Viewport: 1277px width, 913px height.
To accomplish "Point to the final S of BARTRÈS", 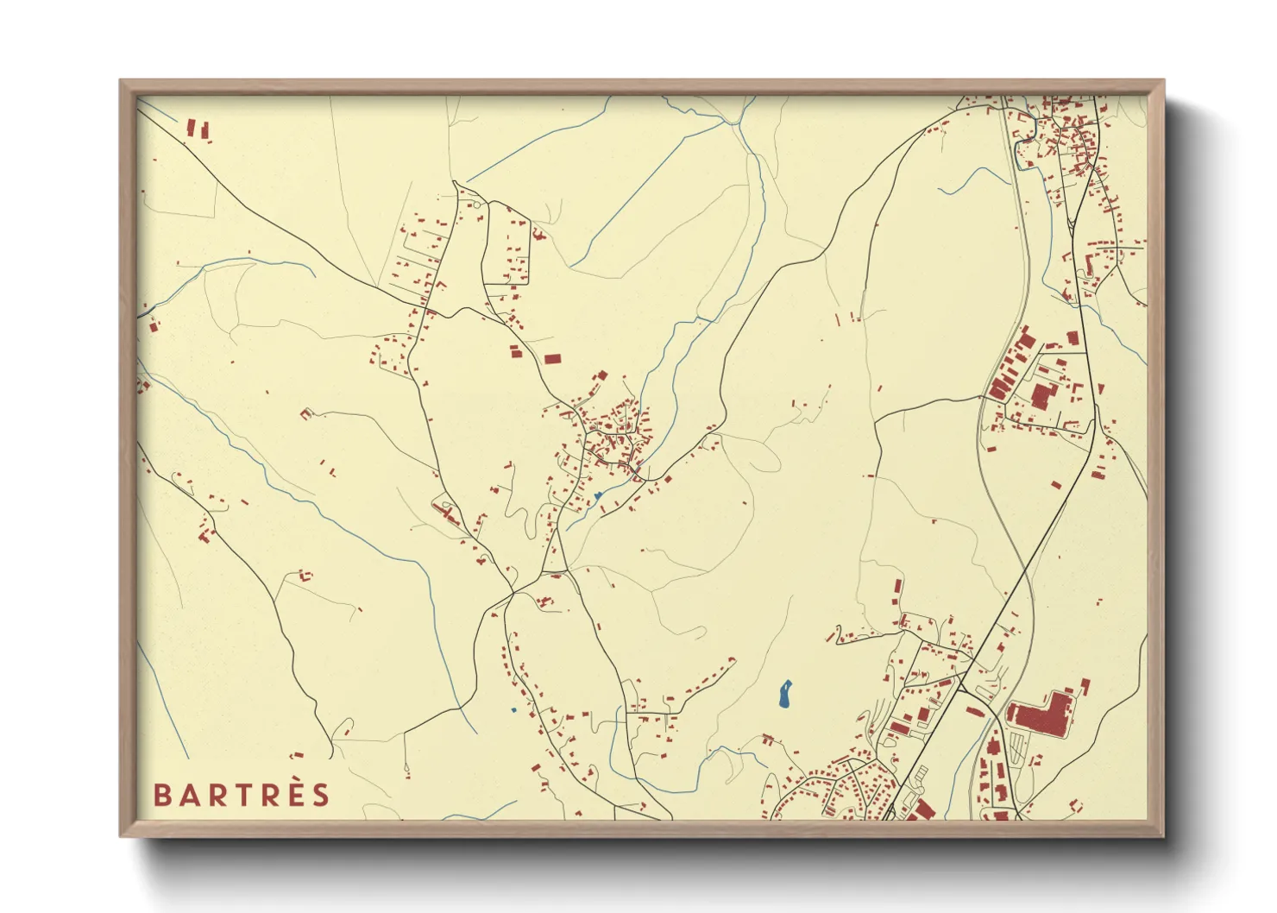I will point(321,795).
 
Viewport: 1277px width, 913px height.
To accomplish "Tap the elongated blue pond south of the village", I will point(785,694).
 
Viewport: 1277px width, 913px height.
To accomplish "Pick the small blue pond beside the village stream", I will point(597,496).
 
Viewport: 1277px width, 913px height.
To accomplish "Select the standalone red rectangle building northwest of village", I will point(552,358).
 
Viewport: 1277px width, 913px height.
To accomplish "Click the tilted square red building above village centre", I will point(602,376).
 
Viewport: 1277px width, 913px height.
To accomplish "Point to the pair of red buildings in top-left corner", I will point(198,129).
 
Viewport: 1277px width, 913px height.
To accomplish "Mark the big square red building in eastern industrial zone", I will point(1041,397).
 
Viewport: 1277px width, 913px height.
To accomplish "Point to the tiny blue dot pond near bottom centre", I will point(513,710).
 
